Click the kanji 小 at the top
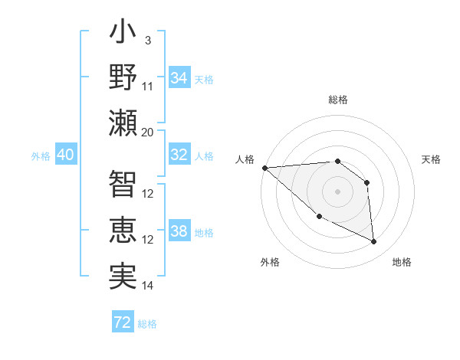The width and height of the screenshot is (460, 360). [123, 34]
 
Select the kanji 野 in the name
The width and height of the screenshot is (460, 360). [123, 79]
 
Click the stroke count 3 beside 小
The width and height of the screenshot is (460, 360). [147, 40]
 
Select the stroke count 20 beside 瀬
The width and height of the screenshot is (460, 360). [148, 132]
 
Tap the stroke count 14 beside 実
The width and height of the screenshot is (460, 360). [148, 286]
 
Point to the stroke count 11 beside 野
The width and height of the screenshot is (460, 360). [148, 86]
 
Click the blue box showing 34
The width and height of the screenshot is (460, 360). [179, 78]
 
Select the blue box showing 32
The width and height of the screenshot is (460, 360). [179, 155]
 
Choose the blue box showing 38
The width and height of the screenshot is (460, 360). [179, 231]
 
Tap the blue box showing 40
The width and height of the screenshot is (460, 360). [65, 155]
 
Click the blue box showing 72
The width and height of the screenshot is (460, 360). [123, 322]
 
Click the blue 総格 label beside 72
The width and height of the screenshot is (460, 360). [147, 324]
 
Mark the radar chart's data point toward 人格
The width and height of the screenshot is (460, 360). [264, 168]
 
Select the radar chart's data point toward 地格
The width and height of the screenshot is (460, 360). [374, 242]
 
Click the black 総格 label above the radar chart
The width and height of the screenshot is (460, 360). [337, 100]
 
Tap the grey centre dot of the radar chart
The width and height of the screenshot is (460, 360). [337, 191]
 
